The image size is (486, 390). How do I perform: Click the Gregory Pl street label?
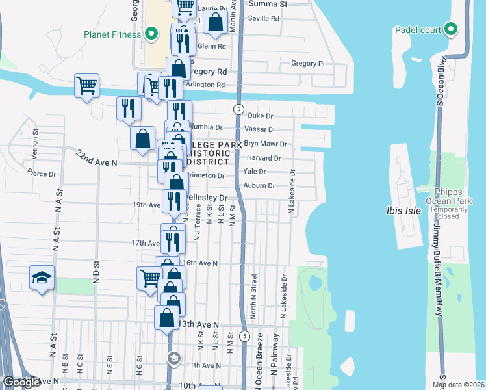pos(307,64)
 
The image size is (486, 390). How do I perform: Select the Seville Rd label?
pos(264,18)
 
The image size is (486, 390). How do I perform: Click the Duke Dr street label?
pos(259,115)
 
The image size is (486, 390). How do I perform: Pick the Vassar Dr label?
pos(261,129)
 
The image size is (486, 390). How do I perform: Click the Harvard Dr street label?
pos(264,158)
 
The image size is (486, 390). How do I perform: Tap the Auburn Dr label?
pos(261,186)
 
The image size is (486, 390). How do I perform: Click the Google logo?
pos(21,382)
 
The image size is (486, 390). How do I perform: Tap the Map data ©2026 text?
pos(458,385)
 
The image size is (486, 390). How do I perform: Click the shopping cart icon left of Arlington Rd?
pos(87,84)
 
